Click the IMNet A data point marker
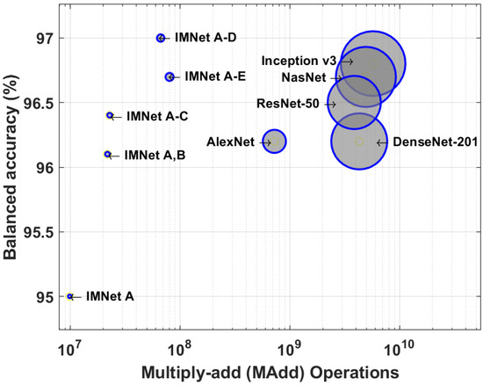(70, 296)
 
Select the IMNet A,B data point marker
(108, 154)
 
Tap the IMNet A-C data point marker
(110, 115)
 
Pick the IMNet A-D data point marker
(161, 38)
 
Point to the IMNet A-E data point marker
(169, 76)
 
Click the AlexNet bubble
(275, 141)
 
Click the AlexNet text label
(230, 142)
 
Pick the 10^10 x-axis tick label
(400, 339)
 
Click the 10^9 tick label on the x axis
(290, 339)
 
